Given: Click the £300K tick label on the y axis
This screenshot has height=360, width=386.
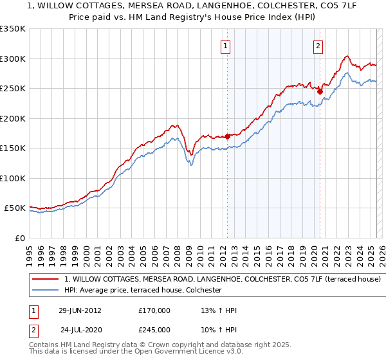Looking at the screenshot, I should point(13,59).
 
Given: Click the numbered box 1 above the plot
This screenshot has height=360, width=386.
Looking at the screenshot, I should point(226,46).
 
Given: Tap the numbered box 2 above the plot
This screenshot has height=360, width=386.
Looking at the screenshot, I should point(318,46).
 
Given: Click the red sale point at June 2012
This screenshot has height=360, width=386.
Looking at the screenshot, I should point(227,136).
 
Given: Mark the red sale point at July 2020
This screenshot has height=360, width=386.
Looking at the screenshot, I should point(320,91).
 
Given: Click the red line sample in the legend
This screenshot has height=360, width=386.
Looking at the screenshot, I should point(45,280).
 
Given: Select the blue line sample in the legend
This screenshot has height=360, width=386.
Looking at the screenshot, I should point(45,291).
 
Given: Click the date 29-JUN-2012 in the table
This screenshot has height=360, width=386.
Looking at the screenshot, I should point(80,310).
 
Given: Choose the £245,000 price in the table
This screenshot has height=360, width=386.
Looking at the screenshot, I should point(154,329).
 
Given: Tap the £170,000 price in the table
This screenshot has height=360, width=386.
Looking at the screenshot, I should point(154,310).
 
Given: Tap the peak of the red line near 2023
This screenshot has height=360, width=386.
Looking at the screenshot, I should point(346,56).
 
